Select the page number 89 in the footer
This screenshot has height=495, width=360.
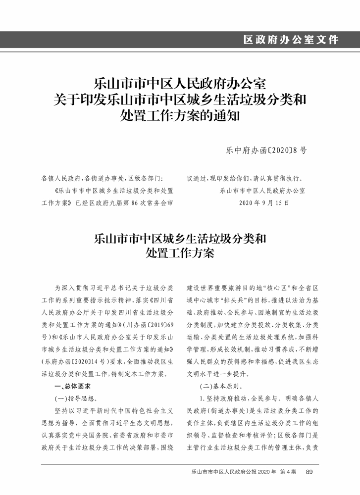coord(309,472)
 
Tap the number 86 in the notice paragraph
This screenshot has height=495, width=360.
coord(136,202)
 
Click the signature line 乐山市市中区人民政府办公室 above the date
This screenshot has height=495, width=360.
coord(262,191)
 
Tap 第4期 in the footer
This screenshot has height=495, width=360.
coord(287,472)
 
